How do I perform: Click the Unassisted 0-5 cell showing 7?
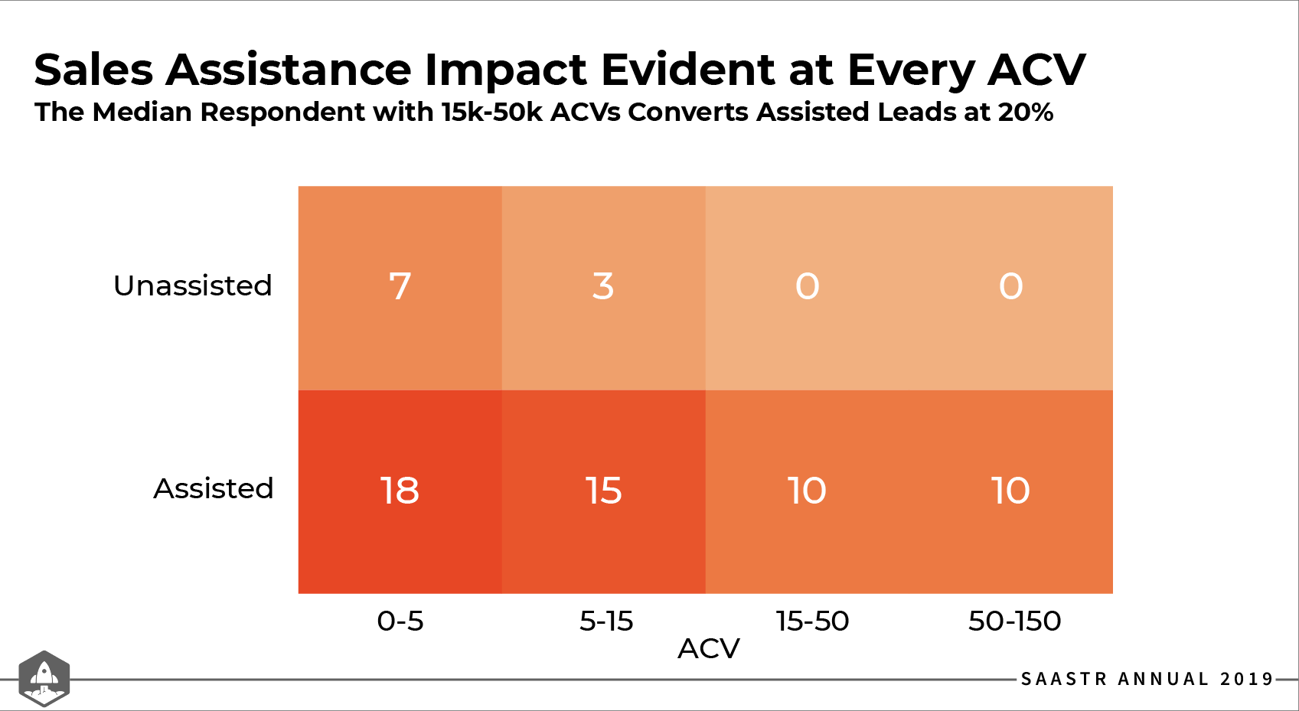tap(400, 287)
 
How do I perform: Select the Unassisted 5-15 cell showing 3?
tap(603, 287)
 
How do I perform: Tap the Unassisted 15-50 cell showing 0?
tap(807, 287)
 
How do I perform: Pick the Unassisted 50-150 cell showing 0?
tap(1010, 287)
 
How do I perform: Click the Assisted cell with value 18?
tap(400, 491)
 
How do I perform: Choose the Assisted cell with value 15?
tap(603, 491)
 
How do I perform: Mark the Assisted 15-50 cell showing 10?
tap(807, 491)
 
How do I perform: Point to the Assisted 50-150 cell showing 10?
tap(1010, 491)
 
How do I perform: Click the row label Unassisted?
tap(192, 285)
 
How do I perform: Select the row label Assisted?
tap(213, 488)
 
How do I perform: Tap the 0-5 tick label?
tap(400, 621)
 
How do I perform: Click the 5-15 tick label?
tap(605, 621)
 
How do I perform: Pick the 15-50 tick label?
tap(812, 621)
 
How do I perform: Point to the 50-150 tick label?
tap(1014, 621)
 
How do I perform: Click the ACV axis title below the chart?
tap(708, 649)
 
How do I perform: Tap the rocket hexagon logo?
tap(44, 678)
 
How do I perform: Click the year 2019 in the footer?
tap(1246, 679)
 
